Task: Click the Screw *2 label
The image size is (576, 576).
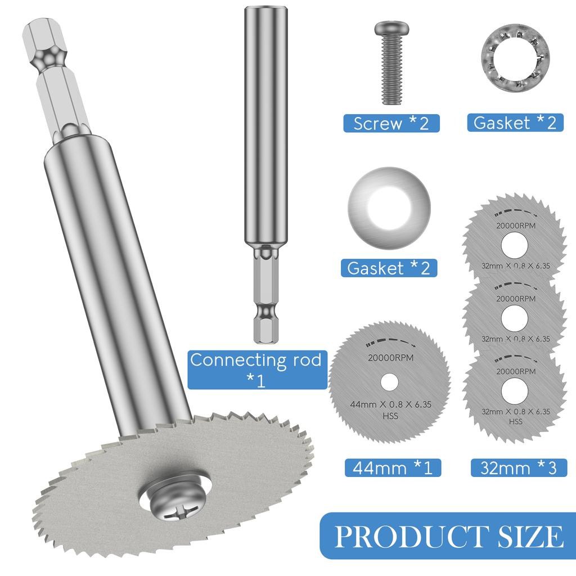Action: click(391, 123)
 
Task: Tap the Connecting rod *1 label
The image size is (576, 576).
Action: click(256, 370)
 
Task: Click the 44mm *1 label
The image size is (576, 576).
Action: click(392, 467)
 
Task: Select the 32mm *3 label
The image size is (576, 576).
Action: click(518, 467)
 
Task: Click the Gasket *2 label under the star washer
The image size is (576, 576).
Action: click(515, 123)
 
